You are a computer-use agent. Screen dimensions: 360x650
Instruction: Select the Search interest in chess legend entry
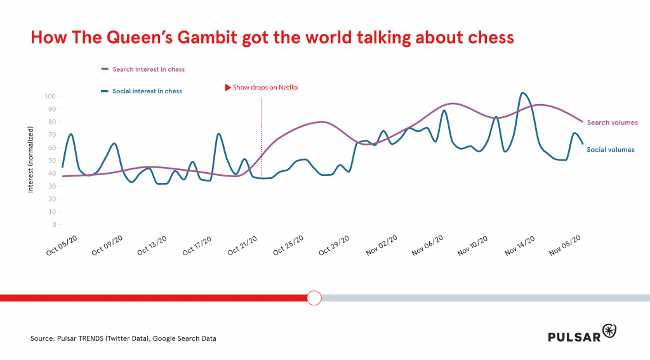tap(148, 69)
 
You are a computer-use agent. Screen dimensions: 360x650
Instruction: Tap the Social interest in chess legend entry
tap(147, 91)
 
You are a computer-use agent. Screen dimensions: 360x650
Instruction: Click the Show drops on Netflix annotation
tap(265, 88)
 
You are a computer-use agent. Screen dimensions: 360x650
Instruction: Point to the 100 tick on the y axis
tap(50, 97)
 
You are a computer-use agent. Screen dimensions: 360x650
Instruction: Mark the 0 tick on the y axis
tap(54, 225)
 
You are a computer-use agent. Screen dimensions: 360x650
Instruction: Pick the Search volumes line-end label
tap(612, 123)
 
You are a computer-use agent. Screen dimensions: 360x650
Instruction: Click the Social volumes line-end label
tap(611, 150)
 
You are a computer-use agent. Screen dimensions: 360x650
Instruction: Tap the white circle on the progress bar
tap(314, 297)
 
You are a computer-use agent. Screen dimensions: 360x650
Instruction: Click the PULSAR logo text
tap(574, 337)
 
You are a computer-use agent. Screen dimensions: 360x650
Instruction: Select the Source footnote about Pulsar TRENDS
tap(123, 338)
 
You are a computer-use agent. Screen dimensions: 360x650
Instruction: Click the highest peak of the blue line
tap(522, 93)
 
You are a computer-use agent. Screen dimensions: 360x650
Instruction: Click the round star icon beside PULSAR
tap(609, 331)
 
